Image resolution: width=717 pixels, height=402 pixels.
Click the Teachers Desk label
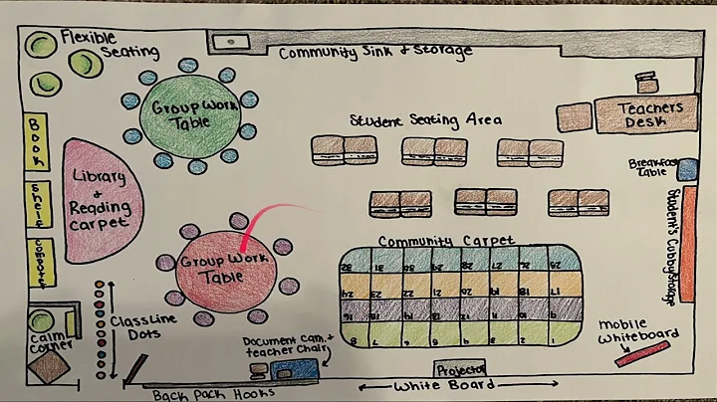(x=650, y=115)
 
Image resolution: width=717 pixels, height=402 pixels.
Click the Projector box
(x=462, y=367)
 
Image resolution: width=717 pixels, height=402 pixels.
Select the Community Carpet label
(x=446, y=241)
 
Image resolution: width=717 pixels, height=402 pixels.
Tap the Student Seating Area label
(x=425, y=120)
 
